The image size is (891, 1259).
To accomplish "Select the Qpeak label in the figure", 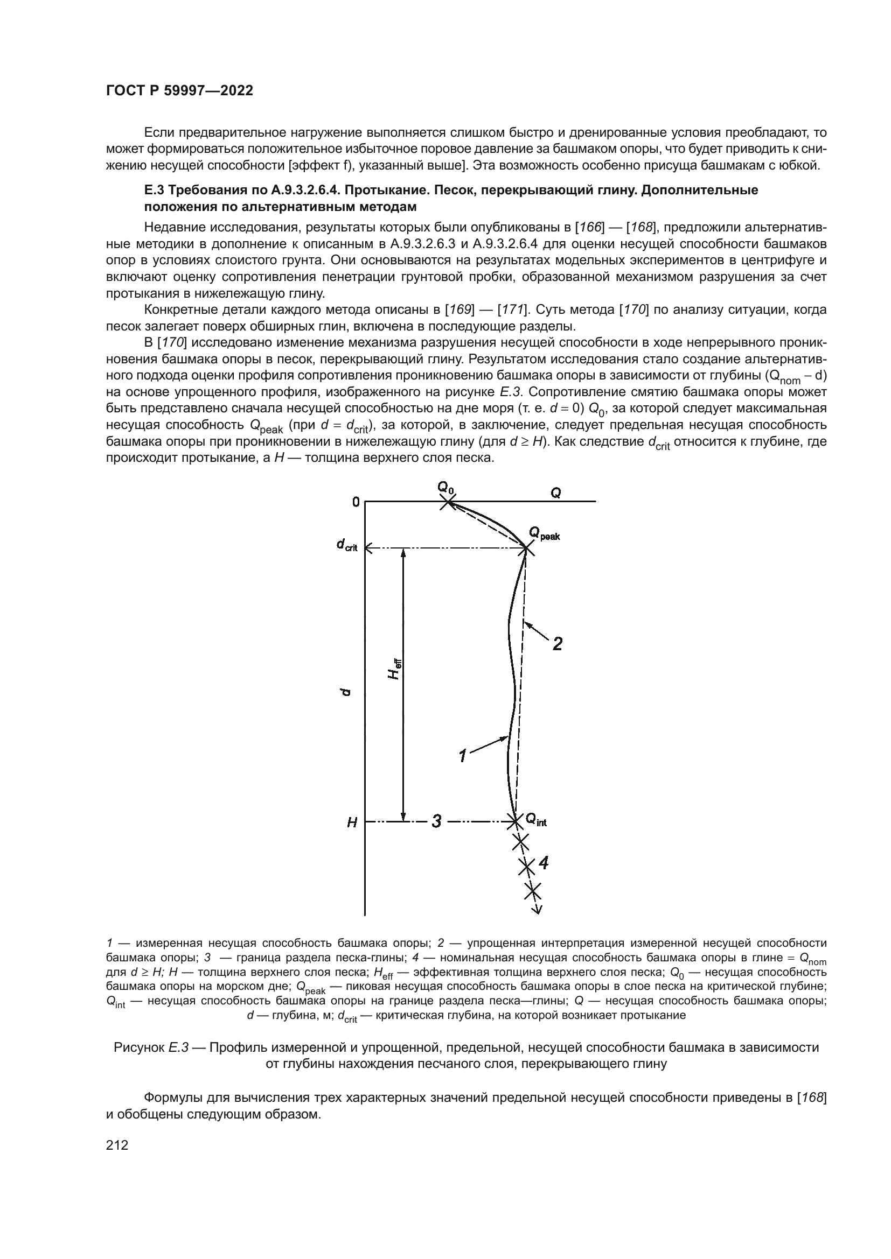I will click(x=544, y=533).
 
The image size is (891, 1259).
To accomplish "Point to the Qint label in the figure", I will click(x=536, y=820).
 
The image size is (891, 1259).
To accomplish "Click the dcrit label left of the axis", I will click(x=347, y=546).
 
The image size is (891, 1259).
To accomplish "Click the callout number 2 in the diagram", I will click(x=558, y=643).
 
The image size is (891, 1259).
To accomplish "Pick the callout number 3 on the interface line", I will click(x=436, y=821).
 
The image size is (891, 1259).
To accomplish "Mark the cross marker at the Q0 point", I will click(x=448, y=502).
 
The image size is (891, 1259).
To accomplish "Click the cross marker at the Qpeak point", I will click(x=526, y=548).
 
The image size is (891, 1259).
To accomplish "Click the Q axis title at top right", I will click(x=556, y=493).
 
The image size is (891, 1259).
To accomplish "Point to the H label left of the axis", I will click(x=352, y=823).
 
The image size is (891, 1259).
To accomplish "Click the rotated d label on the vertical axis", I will click(x=345, y=693).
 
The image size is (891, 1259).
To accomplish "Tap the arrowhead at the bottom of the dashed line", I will click(x=538, y=911).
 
